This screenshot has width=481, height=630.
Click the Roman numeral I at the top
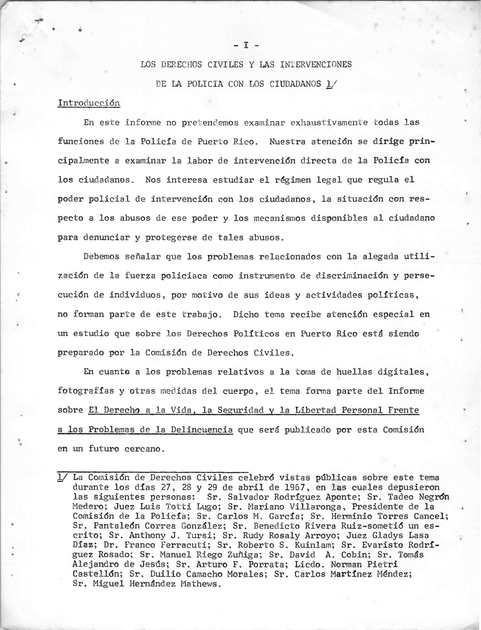[246, 45]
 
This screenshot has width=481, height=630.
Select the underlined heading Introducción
[89, 103]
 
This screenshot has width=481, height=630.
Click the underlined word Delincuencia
[202, 430]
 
